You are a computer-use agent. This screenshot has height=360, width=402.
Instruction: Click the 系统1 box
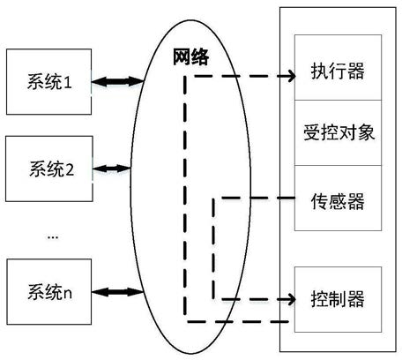click(x=48, y=82)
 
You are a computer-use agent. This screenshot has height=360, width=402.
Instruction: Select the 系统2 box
click(x=49, y=169)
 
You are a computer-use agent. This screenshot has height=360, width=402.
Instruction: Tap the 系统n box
click(x=49, y=292)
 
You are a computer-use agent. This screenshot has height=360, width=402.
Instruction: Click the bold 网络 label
click(x=190, y=56)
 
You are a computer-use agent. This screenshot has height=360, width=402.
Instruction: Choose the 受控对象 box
click(x=338, y=132)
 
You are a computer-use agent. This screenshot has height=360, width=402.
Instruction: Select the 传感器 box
click(x=338, y=198)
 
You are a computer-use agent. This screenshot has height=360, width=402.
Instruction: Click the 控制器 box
click(x=338, y=299)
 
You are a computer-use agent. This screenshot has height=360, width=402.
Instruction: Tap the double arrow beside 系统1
click(x=117, y=81)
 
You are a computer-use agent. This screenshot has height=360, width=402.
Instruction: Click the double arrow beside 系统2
click(x=112, y=169)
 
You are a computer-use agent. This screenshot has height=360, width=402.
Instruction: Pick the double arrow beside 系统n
click(x=117, y=292)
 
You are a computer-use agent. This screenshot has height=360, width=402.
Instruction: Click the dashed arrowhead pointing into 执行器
click(x=290, y=76)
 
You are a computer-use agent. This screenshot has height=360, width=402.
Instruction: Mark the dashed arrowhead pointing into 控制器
click(x=290, y=299)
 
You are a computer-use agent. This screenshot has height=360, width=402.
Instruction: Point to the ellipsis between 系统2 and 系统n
click(x=53, y=236)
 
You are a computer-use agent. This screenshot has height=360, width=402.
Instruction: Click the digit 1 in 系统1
click(x=68, y=82)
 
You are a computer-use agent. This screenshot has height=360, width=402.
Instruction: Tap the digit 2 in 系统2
click(x=69, y=169)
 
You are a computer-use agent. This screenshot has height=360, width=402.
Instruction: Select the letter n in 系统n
click(x=68, y=294)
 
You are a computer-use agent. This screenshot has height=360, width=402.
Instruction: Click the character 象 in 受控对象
click(x=366, y=132)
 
